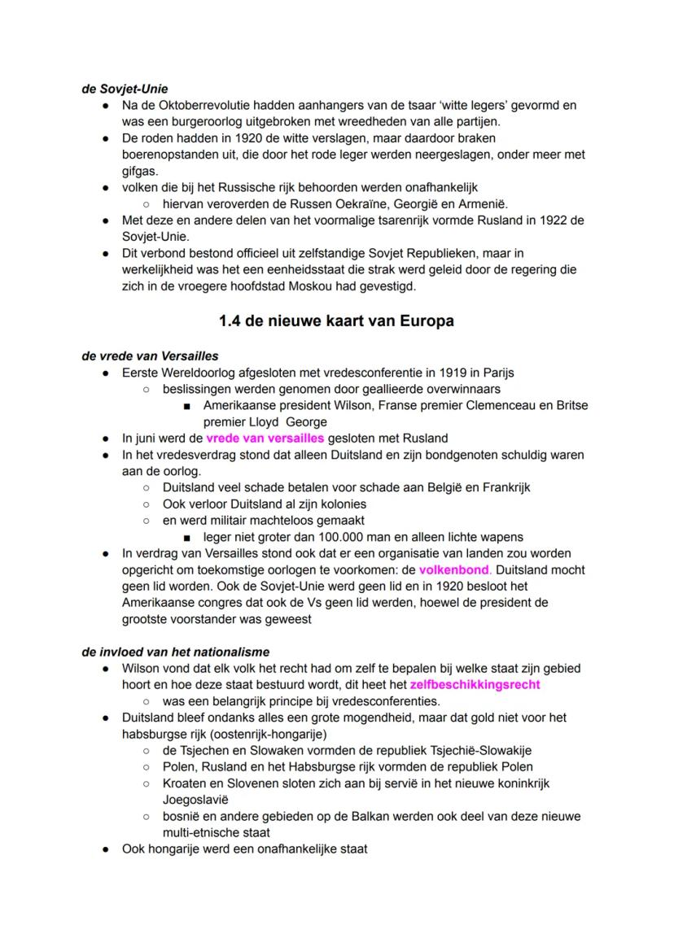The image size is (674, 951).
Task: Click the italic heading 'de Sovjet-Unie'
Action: coord(125,89)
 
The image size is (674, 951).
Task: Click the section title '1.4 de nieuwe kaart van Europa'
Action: coord(336,321)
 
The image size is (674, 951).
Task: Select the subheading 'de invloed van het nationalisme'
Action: coord(176,652)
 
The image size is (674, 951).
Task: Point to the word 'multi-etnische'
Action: coord(204,832)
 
